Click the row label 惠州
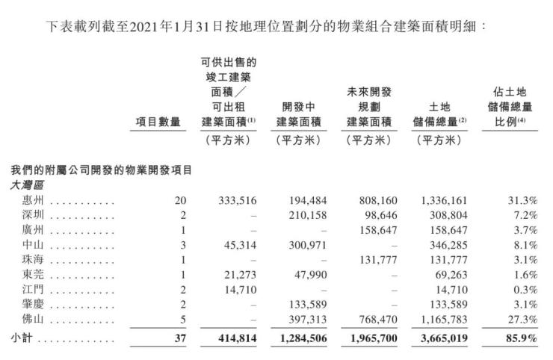pos(24,201)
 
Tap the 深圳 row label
pos(24,215)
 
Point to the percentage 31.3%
pos(522,201)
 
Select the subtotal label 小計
pos(21,338)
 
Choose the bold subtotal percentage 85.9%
pos(521,338)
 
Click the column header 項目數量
pos(158,122)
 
